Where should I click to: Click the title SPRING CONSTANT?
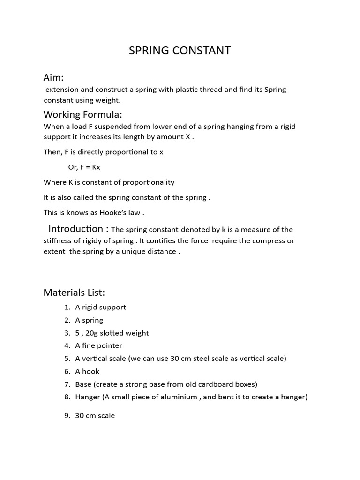coord(180,51)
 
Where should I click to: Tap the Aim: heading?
coord(53,77)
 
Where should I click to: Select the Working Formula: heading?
coord(82,114)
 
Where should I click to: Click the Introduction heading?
coord(78,229)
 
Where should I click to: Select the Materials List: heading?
coord(74,292)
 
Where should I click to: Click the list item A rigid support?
coord(100,307)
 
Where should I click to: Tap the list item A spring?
coord(89,320)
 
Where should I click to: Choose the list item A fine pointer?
coord(98,345)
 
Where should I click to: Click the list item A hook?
coord(87,371)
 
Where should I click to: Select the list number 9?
coord(67,415)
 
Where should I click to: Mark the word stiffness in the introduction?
coord(58,240)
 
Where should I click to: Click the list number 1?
coord(67,307)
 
